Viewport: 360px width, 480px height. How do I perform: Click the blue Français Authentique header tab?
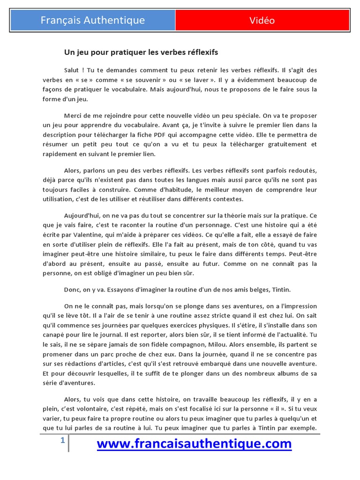coord(93,21)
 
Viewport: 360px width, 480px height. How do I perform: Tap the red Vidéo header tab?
coord(262,21)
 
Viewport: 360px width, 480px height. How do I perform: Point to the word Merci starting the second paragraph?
coord(73,116)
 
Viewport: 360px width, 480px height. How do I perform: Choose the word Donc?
coord(72,290)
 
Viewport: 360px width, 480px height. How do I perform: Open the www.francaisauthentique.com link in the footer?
coord(194,443)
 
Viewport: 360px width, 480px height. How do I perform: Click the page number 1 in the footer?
coord(62,441)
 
